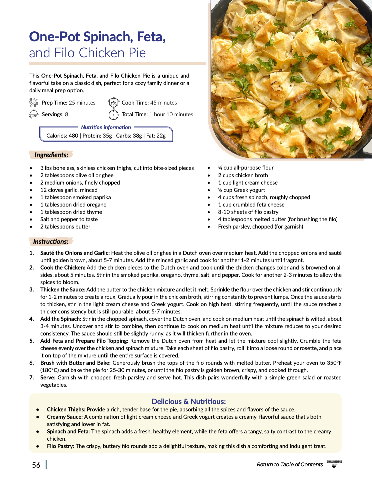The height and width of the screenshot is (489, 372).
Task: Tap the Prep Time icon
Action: [x=34, y=102]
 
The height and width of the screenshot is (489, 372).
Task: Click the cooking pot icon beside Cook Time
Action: [x=113, y=102]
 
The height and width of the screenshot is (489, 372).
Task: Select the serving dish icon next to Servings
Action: [x=34, y=114]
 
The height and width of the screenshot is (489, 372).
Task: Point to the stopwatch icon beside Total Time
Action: [x=113, y=114]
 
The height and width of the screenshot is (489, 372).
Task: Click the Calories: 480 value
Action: [x=62, y=136]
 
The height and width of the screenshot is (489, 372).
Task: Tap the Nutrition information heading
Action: [x=106, y=127]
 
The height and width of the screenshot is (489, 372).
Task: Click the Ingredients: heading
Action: [x=51, y=155]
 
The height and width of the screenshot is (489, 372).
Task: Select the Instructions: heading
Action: [x=51, y=242]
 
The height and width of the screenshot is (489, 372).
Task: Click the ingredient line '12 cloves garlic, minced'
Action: [x=69, y=190]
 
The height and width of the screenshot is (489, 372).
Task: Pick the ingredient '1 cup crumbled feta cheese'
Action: [x=251, y=205]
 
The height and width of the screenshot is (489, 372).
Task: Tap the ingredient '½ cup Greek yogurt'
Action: [x=241, y=190]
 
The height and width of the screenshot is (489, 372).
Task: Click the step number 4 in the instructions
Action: [x=31, y=319]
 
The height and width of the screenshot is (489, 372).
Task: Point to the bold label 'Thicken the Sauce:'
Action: [x=63, y=289]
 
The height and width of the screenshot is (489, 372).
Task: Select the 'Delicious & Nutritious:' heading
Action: [x=189, y=401]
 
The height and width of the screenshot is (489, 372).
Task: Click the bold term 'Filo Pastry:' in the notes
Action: [x=60, y=446]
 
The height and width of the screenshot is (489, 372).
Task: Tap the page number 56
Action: [x=36, y=465]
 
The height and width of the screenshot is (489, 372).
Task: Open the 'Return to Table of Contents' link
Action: [x=290, y=464]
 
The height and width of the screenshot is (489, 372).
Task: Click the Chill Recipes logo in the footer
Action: [x=334, y=464]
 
